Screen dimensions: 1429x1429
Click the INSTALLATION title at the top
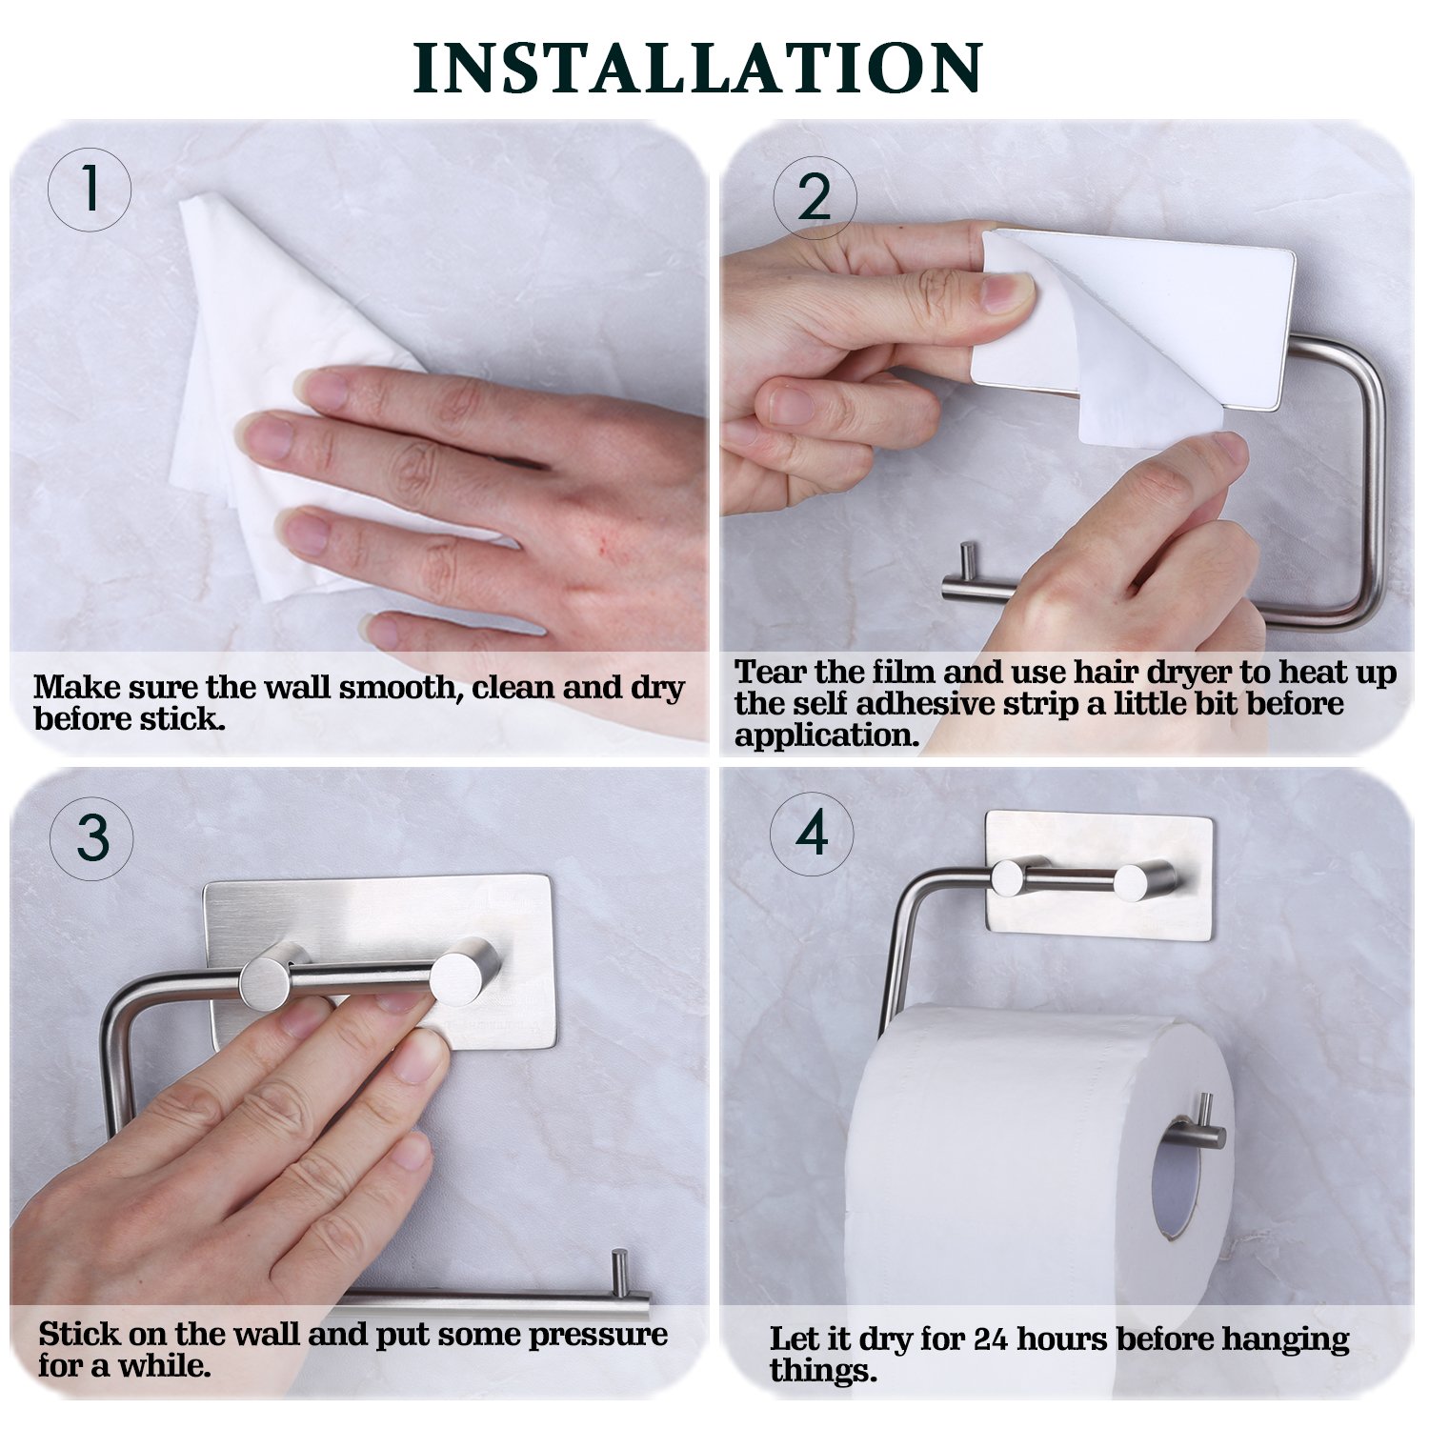pos(697,68)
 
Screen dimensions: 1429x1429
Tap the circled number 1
pos(90,189)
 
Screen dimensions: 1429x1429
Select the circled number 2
pos(815,198)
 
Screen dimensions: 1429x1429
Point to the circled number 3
pos(91,838)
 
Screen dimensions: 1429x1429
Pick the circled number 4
pos(812,835)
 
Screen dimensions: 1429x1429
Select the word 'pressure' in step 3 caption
pos(597,1335)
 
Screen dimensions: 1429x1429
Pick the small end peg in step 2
pos(968,561)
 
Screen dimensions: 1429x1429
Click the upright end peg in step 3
pos(619,1272)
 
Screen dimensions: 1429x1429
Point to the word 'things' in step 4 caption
pos(821,1371)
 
